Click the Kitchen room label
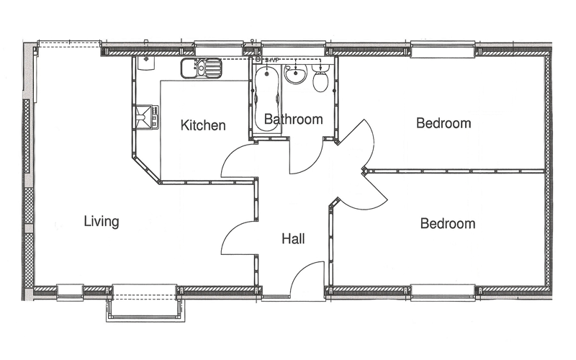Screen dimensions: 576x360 tap(203, 125)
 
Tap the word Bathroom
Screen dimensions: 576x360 tap(294, 119)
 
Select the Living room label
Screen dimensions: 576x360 tap(102, 222)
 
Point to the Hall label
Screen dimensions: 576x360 tap(293, 239)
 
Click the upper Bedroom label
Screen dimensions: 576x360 tap(444, 122)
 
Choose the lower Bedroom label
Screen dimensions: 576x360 tap(448, 223)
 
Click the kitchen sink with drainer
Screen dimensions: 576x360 tap(202, 68)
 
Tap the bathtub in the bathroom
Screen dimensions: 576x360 tap(267, 98)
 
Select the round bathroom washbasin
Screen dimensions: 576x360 tap(296, 74)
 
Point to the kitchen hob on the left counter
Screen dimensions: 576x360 tap(146, 117)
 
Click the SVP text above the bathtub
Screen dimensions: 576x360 tap(270, 60)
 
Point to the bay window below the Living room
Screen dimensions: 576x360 tap(145, 303)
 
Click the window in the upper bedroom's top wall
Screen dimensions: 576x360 tap(444, 50)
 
